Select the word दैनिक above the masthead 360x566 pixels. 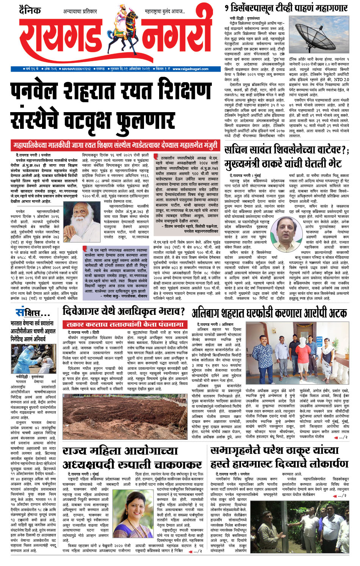[x=30, y=10]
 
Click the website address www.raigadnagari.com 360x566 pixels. [x=190, y=69]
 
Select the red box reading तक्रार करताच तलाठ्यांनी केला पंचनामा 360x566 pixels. [x=125, y=325]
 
